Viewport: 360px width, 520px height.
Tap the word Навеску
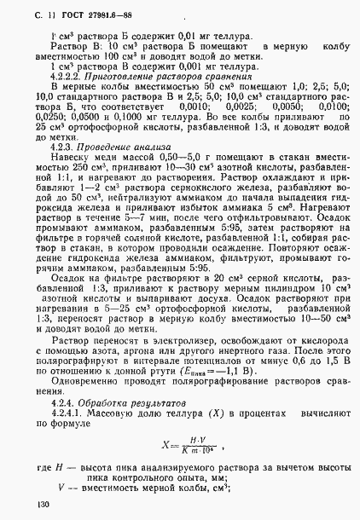click(x=70, y=156)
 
